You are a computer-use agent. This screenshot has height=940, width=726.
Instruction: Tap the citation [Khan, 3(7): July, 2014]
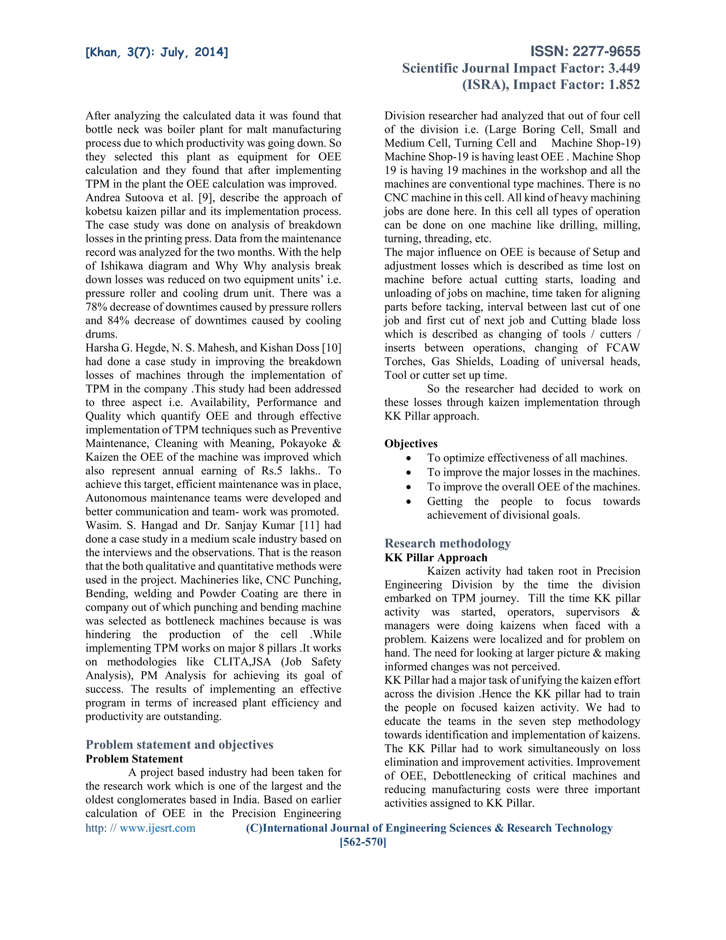tap(157, 52)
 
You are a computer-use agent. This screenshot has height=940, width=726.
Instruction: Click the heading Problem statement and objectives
tap(179, 744)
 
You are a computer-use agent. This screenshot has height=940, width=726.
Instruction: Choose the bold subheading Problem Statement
tap(134, 758)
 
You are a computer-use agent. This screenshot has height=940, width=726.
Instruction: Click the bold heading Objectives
tap(411, 443)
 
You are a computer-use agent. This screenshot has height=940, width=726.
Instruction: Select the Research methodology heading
tap(447, 543)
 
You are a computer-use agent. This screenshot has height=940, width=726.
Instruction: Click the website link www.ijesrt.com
tap(157, 828)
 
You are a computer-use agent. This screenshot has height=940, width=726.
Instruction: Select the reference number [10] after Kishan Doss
tap(331, 348)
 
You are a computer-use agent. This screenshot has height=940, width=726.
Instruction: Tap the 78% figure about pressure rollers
tap(97, 307)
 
